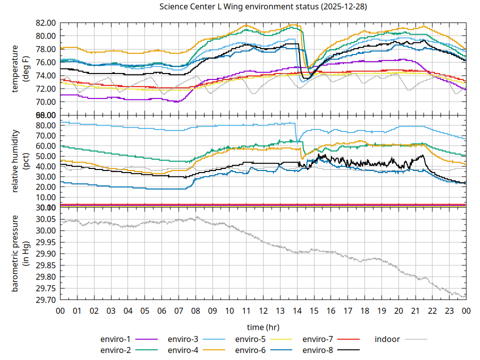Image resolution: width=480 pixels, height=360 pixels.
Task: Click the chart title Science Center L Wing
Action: pos(262,7)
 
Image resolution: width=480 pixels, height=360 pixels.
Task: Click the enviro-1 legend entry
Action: pos(114,339)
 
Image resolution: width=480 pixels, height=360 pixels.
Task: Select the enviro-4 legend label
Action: pos(182,350)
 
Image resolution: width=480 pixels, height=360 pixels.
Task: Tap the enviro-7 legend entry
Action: pos(317,339)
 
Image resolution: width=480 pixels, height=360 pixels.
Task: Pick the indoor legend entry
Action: pos(387,339)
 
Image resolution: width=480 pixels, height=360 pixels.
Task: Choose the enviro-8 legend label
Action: pos(317,350)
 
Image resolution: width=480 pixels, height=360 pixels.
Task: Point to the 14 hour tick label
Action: pos(297,310)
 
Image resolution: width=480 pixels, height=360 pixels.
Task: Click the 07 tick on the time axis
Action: pos(178,310)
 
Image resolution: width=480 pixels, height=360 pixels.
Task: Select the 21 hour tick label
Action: pos(415,310)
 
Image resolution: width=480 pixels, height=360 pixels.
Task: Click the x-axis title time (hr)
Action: pos(262,327)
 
